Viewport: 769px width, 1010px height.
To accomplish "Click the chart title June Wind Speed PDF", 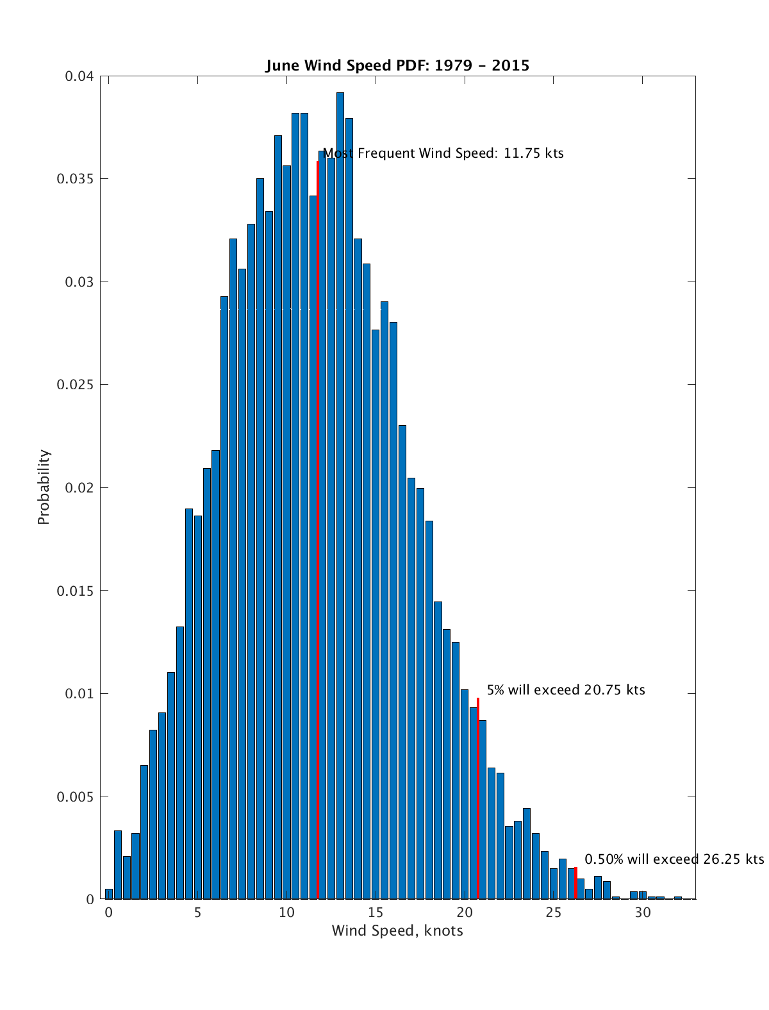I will click(x=397, y=65).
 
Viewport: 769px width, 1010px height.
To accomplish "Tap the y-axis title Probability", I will click(x=44, y=487).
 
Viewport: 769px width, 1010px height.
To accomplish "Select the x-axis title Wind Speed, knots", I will click(x=397, y=930).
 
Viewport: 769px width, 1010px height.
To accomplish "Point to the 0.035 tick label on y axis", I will click(x=75, y=179).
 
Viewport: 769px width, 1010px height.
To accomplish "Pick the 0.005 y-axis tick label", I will click(x=75, y=796).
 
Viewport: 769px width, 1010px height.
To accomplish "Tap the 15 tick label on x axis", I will click(x=376, y=913).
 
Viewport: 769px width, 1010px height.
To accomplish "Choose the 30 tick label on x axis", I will click(x=643, y=913).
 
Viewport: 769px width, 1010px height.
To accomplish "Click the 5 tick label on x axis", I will click(x=197, y=913).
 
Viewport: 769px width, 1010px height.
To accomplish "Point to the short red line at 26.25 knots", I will click(x=575, y=884).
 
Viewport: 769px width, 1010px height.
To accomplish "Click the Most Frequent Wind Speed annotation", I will click(x=443, y=154).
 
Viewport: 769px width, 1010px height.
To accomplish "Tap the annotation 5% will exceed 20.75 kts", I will click(x=566, y=691).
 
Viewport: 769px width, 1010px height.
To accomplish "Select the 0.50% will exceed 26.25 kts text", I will click(x=674, y=859).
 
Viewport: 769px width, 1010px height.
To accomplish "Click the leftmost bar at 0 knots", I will click(x=109, y=894).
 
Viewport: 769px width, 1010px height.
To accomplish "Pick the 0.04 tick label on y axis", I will click(x=79, y=76).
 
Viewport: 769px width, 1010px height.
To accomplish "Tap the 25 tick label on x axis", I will click(x=554, y=913).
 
